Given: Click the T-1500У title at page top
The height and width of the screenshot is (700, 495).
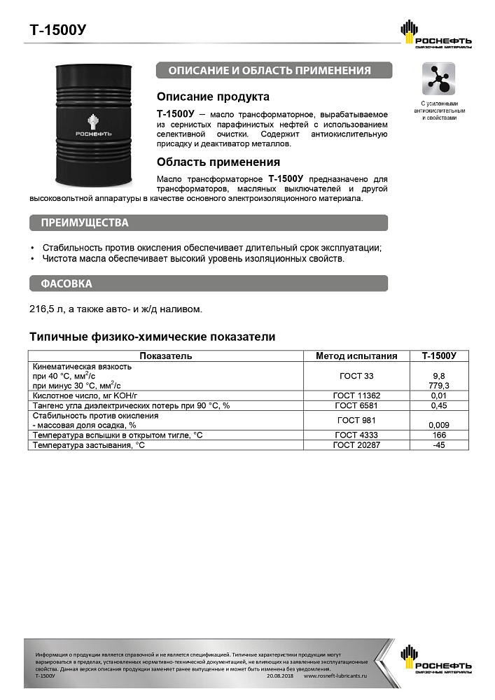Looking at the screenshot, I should (58, 30).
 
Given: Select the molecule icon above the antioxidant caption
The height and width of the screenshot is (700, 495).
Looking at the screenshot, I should (439, 78).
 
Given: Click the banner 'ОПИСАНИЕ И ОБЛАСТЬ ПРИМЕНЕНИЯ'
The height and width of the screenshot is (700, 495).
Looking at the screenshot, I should (273, 71).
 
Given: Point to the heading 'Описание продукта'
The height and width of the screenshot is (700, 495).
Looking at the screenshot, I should (213, 97).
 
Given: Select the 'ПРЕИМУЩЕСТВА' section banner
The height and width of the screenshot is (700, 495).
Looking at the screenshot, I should (85, 223).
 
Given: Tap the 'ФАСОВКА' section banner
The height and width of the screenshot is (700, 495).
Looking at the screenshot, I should (67, 283).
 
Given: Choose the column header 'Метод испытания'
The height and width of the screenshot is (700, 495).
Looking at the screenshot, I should (357, 356).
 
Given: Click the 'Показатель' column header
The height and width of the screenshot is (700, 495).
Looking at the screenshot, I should (166, 356).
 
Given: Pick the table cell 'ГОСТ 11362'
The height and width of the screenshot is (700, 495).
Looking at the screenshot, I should (357, 395).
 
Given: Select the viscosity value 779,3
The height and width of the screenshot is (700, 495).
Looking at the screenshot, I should (439, 386).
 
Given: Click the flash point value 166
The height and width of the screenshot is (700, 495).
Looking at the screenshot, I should (439, 435).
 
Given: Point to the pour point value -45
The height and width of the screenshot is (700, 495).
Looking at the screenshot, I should (439, 444).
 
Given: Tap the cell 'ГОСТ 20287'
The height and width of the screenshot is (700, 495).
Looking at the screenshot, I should (357, 444).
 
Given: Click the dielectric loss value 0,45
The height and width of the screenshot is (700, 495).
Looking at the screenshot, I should (439, 405).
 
